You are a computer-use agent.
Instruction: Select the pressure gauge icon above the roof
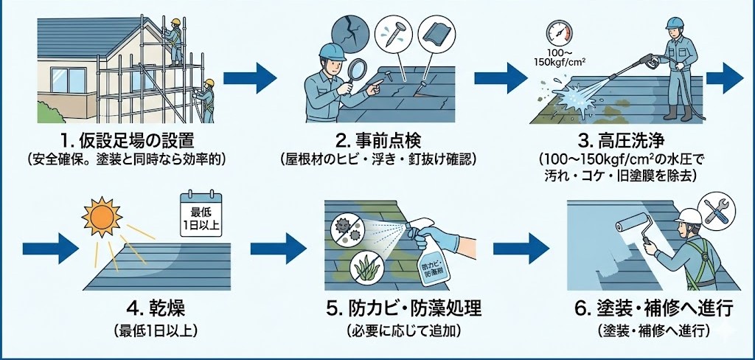point(557,32)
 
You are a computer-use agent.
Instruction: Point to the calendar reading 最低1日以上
point(201,214)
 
